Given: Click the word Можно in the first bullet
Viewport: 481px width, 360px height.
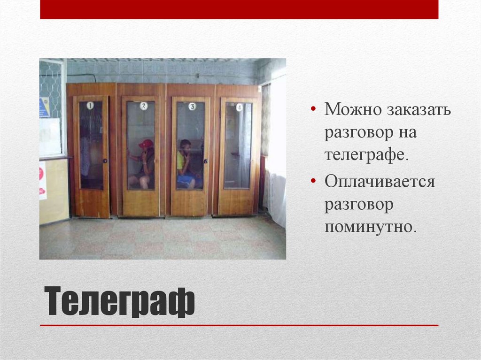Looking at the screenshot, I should click(x=352, y=111).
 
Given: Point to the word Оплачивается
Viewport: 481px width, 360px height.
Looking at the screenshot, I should click(x=380, y=182).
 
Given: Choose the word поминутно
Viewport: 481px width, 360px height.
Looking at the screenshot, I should click(x=370, y=227).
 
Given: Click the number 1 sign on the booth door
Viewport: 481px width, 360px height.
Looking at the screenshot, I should click(x=90, y=106).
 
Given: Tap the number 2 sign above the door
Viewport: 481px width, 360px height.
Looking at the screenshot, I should click(x=144, y=106).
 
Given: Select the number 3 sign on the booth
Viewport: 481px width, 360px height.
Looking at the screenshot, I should click(x=192, y=106).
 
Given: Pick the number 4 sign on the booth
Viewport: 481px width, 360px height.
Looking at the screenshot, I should click(x=240, y=107).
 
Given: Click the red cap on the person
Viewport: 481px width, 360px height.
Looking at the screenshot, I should click(x=147, y=143).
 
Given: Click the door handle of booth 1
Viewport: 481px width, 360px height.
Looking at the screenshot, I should click(x=105, y=161).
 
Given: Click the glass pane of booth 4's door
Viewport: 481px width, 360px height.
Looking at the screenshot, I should click(x=238, y=146).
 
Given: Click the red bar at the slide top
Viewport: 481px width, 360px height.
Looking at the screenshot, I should click(x=239, y=9).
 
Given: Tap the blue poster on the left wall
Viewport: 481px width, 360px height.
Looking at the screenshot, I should click(x=44, y=107).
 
